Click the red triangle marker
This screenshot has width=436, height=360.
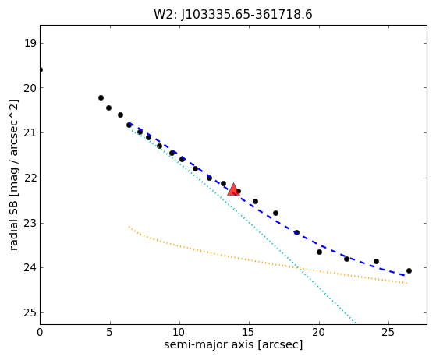[233, 189]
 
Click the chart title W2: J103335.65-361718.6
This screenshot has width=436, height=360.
[233, 15]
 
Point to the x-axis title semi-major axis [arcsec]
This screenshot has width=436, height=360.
[233, 344]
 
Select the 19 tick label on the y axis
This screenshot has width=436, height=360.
[30, 44]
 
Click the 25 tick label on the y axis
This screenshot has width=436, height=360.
[30, 313]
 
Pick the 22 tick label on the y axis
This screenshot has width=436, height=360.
[30, 178]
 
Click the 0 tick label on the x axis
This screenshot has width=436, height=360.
[40, 332]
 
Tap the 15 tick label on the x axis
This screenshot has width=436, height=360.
[249, 332]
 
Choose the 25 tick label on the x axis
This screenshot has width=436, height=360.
[388, 332]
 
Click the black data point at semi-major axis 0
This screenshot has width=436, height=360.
[41, 69]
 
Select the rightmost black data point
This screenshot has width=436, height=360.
[409, 270]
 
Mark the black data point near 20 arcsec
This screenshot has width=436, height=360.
[319, 252]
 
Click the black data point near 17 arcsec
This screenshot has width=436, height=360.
[275, 213]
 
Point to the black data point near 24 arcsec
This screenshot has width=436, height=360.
[376, 261]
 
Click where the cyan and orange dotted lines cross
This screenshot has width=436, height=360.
[298, 268]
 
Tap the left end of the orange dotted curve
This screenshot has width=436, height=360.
[129, 227]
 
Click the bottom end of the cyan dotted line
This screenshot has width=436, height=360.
[355, 323]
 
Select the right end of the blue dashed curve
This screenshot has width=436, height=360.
[405, 275]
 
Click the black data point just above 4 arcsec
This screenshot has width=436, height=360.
[101, 97]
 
